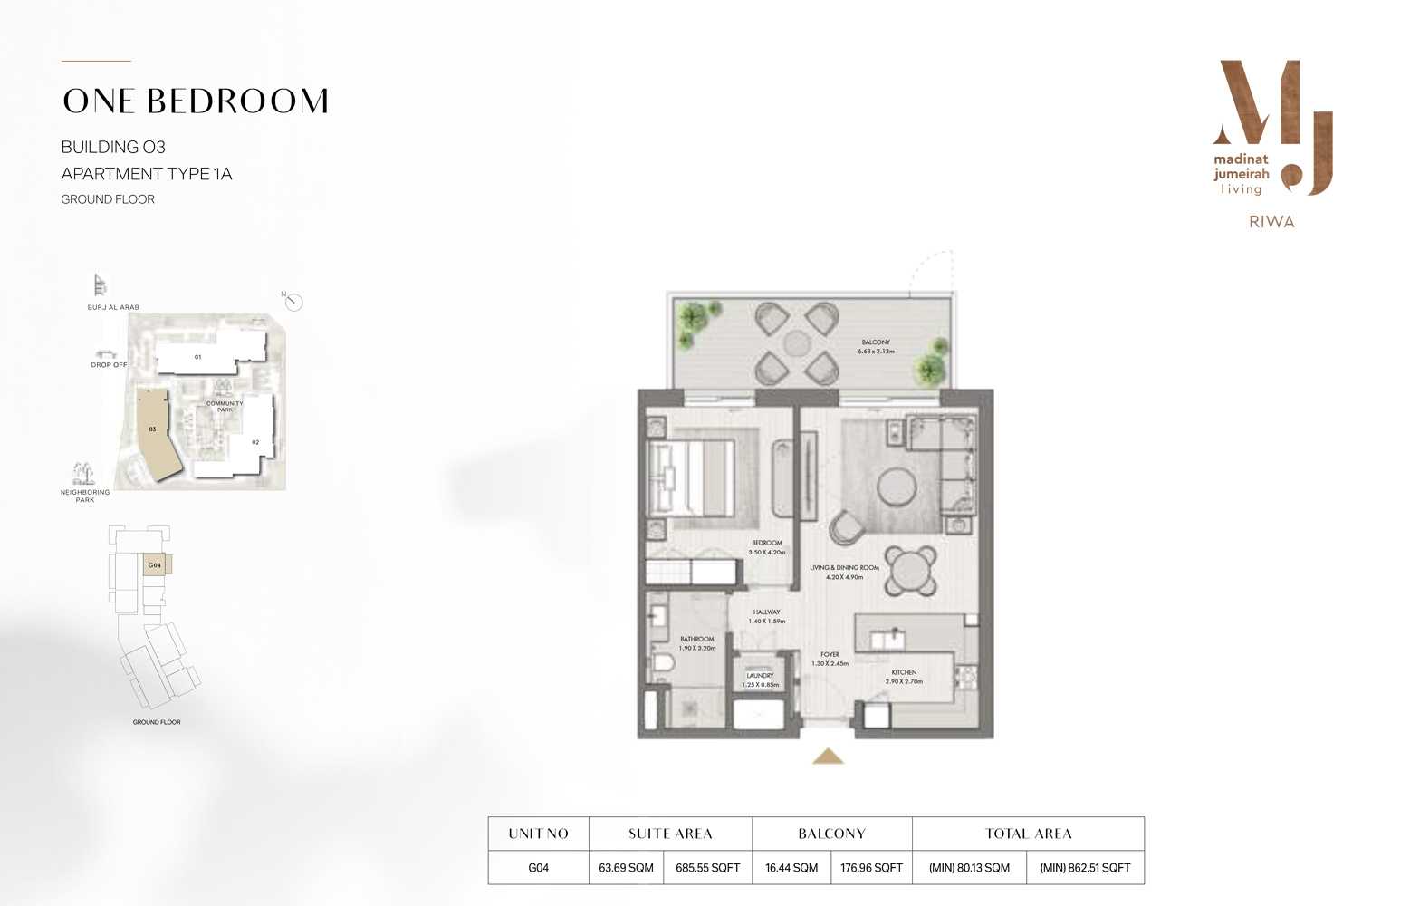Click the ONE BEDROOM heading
point(196,101)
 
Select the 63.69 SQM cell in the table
point(626,868)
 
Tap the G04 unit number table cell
point(538,868)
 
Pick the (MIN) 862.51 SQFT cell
point(1085,868)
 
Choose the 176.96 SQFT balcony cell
point(871,868)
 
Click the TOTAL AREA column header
point(1028,834)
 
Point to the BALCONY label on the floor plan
point(876,342)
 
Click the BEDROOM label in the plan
point(766,544)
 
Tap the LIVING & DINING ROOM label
point(844,568)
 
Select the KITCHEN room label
point(904,672)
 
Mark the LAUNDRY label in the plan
point(760,676)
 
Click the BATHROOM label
point(697,640)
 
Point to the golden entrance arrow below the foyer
point(828,757)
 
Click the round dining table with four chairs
point(910,571)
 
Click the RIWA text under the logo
point(1271,222)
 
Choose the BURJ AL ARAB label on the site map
point(113,307)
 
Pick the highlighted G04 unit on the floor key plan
point(156,565)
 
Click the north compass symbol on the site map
point(293,302)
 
